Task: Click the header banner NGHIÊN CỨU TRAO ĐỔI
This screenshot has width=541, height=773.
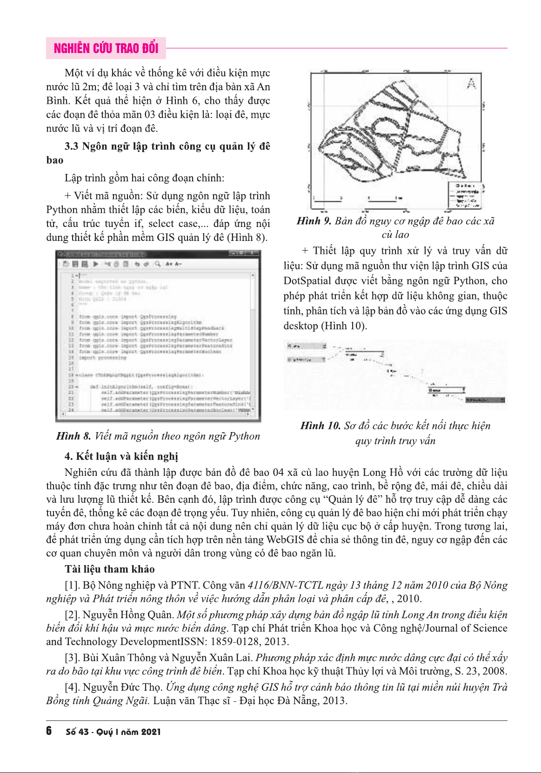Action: pyautogui.click(x=106, y=48)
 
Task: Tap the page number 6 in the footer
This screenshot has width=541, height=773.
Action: pyautogui.click(x=49, y=731)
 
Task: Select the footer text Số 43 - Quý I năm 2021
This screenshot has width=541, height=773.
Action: pyautogui.click(x=113, y=732)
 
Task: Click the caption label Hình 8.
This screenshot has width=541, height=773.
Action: pyautogui.click(x=73, y=436)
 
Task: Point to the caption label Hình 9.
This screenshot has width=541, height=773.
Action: pyautogui.click(x=314, y=221)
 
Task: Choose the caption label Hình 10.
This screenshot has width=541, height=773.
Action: pyautogui.click(x=320, y=426)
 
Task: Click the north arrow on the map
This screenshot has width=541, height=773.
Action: pyautogui.click(x=471, y=84)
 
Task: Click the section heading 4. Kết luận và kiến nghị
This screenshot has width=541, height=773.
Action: pyautogui.click(x=121, y=456)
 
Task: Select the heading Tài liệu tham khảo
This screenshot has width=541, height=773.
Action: pyautogui.click(x=110, y=569)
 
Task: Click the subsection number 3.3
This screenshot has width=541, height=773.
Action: pyautogui.click(x=72, y=147)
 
